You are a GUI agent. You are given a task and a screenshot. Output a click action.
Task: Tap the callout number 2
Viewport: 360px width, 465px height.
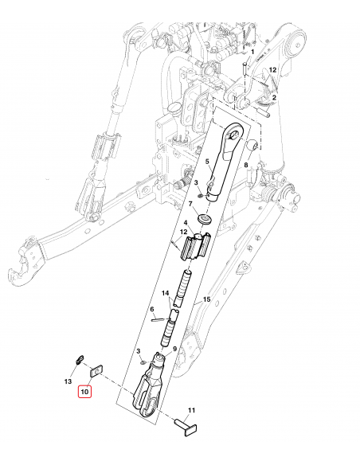click(x=274, y=97)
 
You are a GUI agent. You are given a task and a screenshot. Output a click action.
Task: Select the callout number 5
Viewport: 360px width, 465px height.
click(x=207, y=162)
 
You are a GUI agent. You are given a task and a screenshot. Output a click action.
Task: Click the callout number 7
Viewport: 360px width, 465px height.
click(x=190, y=205)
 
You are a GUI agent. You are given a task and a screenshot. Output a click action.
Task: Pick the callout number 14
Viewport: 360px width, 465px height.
click(x=166, y=294)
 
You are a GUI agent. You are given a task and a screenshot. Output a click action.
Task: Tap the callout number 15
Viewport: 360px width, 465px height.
click(x=205, y=299)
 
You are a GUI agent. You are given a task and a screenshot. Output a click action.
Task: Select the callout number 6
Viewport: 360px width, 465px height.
click(x=151, y=310)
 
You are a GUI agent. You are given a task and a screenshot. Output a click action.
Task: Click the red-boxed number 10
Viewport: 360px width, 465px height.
click(x=84, y=390)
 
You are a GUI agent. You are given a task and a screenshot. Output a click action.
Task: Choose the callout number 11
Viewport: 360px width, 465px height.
click(x=190, y=412)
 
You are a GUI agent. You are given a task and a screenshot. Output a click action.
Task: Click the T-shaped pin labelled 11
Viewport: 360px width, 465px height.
click(x=186, y=426)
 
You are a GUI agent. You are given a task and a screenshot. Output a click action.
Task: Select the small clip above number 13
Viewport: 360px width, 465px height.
click(x=79, y=358)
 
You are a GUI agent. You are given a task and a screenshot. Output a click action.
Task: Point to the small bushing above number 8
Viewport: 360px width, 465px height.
click(x=251, y=147)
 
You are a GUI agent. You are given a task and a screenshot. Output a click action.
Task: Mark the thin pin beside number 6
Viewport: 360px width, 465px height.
click(x=159, y=322)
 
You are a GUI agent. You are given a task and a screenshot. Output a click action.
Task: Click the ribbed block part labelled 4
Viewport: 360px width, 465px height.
click(x=195, y=248)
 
